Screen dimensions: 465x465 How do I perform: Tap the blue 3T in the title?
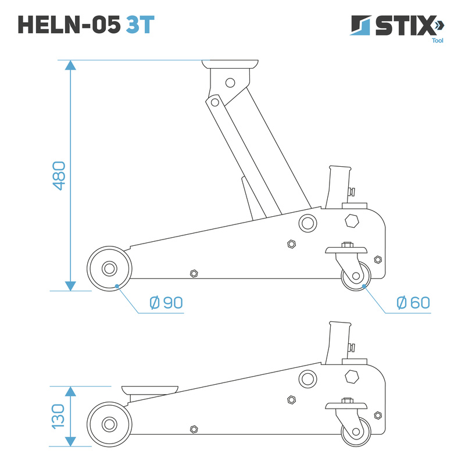click(139, 24)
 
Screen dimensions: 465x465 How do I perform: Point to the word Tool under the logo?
click(437, 41)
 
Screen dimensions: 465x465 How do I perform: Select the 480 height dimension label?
click(58, 176)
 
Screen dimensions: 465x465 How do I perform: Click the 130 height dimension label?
click(58, 416)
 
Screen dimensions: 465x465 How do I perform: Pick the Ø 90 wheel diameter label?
click(166, 303)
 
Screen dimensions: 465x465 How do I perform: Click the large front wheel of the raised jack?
click(108, 269)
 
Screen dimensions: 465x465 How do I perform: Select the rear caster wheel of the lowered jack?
click(356, 432)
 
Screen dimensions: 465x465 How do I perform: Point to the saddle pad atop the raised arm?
click(230, 64)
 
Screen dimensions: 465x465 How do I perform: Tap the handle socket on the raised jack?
click(338, 185)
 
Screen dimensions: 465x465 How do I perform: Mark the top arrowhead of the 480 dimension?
click(70, 65)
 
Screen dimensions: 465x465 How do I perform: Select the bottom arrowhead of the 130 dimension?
click(70, 441)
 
